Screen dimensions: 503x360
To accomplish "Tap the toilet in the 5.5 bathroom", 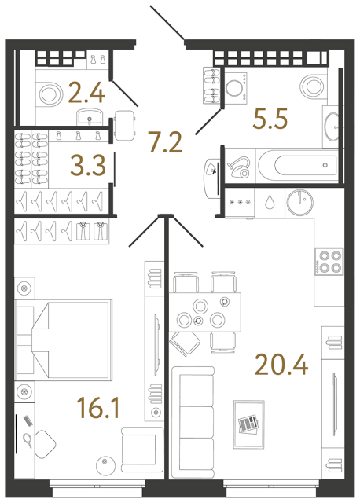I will click(x=312, y=86).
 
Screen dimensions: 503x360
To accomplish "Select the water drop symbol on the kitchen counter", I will click(x=270, y=200).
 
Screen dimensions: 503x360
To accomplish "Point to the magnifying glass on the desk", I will click(x=28, y=439).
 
